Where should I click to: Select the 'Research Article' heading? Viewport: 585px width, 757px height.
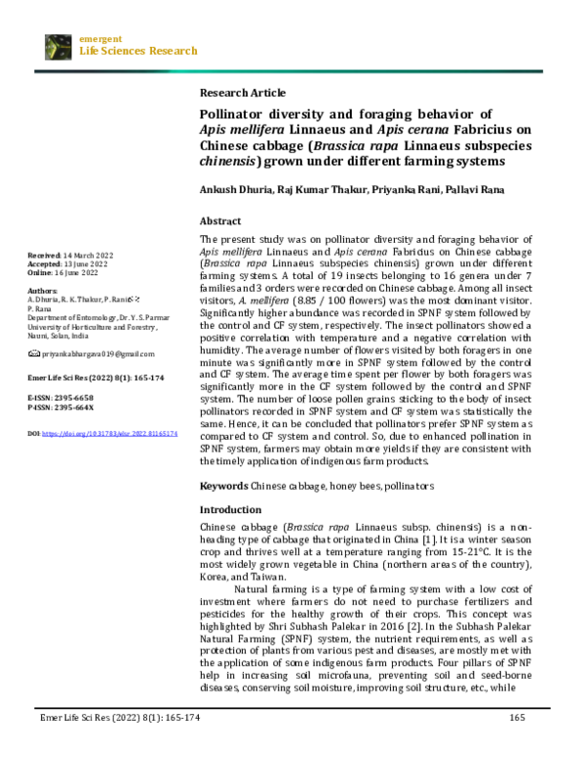tap(242, 93)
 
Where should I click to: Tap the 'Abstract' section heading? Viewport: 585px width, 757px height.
tap(220, 221)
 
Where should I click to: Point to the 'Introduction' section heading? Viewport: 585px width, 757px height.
tap(230, 510)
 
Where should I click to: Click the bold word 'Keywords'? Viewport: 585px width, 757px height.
tap(224, 485)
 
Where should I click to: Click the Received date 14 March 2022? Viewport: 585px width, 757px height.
tap(89, 256)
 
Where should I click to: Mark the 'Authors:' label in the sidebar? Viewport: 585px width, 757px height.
tap(43, 291)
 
